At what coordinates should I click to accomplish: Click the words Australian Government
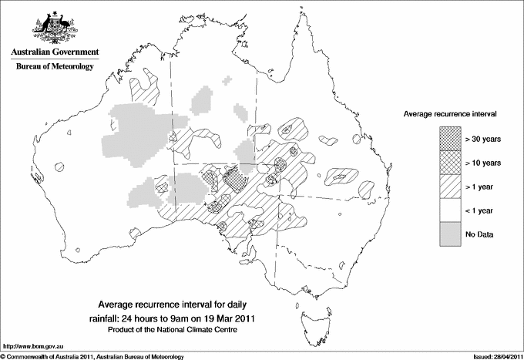(x=54, y=52)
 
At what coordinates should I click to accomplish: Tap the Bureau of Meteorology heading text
(x=54, y=67)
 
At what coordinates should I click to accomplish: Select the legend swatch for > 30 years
(x=451, y=140)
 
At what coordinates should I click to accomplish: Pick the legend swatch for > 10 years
(x=451, y=163)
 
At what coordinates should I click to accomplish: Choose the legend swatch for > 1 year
(x=451, y=187)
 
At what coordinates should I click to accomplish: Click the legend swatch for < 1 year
(x=451, y=210)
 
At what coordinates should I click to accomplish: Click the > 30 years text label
(x=483, y=140)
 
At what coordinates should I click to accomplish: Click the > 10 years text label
(x=483, y=163)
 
